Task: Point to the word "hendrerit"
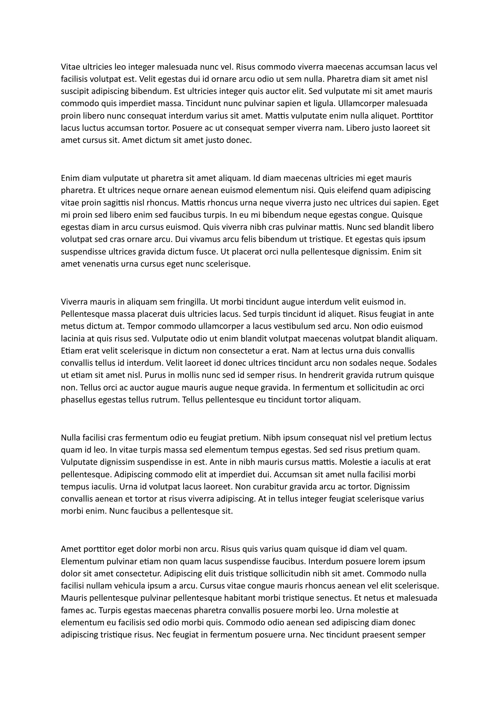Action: [x=331, y=375]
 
